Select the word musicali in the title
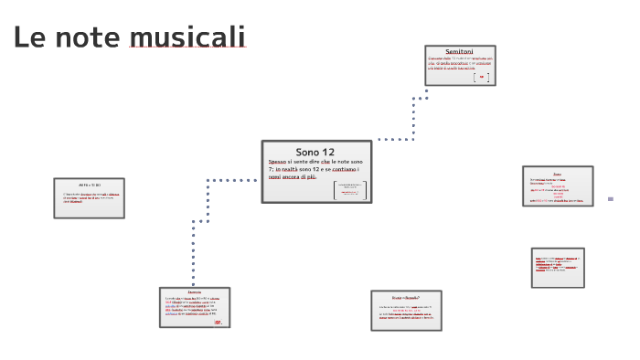pos(187,37)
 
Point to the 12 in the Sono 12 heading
pos(329,152)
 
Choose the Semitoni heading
pos(459,51)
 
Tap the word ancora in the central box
pos(295,176)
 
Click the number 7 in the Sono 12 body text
pos(271,169)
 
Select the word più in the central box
pos(312,176)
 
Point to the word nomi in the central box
pos(275,176)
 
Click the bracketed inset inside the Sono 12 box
pos(350,190)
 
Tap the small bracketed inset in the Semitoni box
pos(481,77)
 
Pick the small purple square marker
pos(610,198)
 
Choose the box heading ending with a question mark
pos(405,298)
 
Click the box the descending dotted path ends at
pos(194,307)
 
